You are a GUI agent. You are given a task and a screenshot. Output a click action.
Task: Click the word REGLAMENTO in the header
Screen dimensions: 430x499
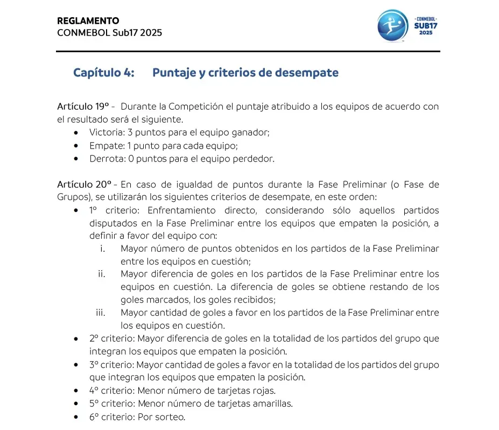point(88,21)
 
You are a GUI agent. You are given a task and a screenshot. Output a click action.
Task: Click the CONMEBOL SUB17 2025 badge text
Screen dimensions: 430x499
point(426,25)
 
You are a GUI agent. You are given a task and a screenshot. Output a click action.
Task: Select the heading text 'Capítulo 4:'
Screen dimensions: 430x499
point(104,73)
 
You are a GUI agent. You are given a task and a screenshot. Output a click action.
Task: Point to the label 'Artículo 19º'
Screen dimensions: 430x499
point(83,107)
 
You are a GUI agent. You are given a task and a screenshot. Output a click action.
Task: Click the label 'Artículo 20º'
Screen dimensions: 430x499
point(83,185)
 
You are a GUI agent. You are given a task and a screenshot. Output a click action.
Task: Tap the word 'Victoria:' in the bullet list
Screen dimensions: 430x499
point(107,132)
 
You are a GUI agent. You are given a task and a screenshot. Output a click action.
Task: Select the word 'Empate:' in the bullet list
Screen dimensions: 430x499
point(107,145)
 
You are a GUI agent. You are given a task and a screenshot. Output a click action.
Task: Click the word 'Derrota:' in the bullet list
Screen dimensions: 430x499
point(107,158)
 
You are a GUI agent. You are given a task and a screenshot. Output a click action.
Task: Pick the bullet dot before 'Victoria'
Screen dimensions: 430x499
point(79,132)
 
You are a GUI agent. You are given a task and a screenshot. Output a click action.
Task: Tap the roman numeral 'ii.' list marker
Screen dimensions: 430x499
point(101,274)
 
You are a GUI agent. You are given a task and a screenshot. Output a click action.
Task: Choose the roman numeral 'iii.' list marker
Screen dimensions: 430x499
point(100,312)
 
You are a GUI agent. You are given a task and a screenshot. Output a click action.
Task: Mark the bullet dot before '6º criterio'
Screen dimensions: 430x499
point(79,417)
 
